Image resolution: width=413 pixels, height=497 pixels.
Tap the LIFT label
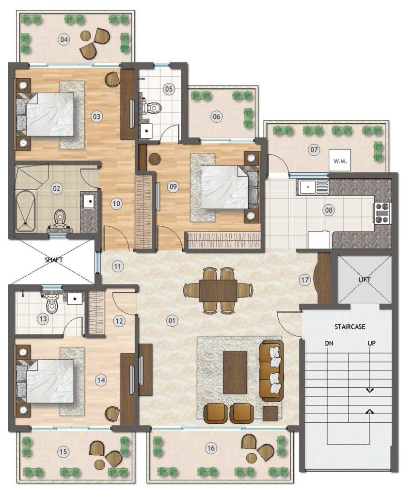pyautogui.click(x=364, y=280)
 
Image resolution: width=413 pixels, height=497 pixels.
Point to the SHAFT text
pyautogui.click(x=54, y=260)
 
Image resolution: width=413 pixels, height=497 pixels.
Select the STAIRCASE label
pyautogui.click(x=350, y=327)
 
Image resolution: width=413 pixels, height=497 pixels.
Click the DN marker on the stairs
pyautogui.click(x=329, y=343)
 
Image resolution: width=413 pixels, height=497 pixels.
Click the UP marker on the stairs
pyautogui.click(x=371, y=343)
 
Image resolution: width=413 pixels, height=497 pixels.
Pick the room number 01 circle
pyautogui.click(x=172, y=321)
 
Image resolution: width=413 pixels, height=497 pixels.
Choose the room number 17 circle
pyautogui.click(x=305, y=280)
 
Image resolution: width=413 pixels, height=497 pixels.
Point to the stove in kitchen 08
pyautogui.click(x=382, y=214)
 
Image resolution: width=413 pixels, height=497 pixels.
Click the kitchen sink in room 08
pyautogui.click(x=313, y=187)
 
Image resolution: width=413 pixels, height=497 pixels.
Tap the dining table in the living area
pyautogui.click(x=218, y=291)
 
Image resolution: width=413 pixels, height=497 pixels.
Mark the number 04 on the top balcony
pyautogui.click(x=64, y=40)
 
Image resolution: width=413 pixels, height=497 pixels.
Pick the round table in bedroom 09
pyautogui.click(x=155, y=159)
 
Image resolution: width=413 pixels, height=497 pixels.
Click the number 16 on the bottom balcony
pyautogui.click(x=211, y=448)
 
